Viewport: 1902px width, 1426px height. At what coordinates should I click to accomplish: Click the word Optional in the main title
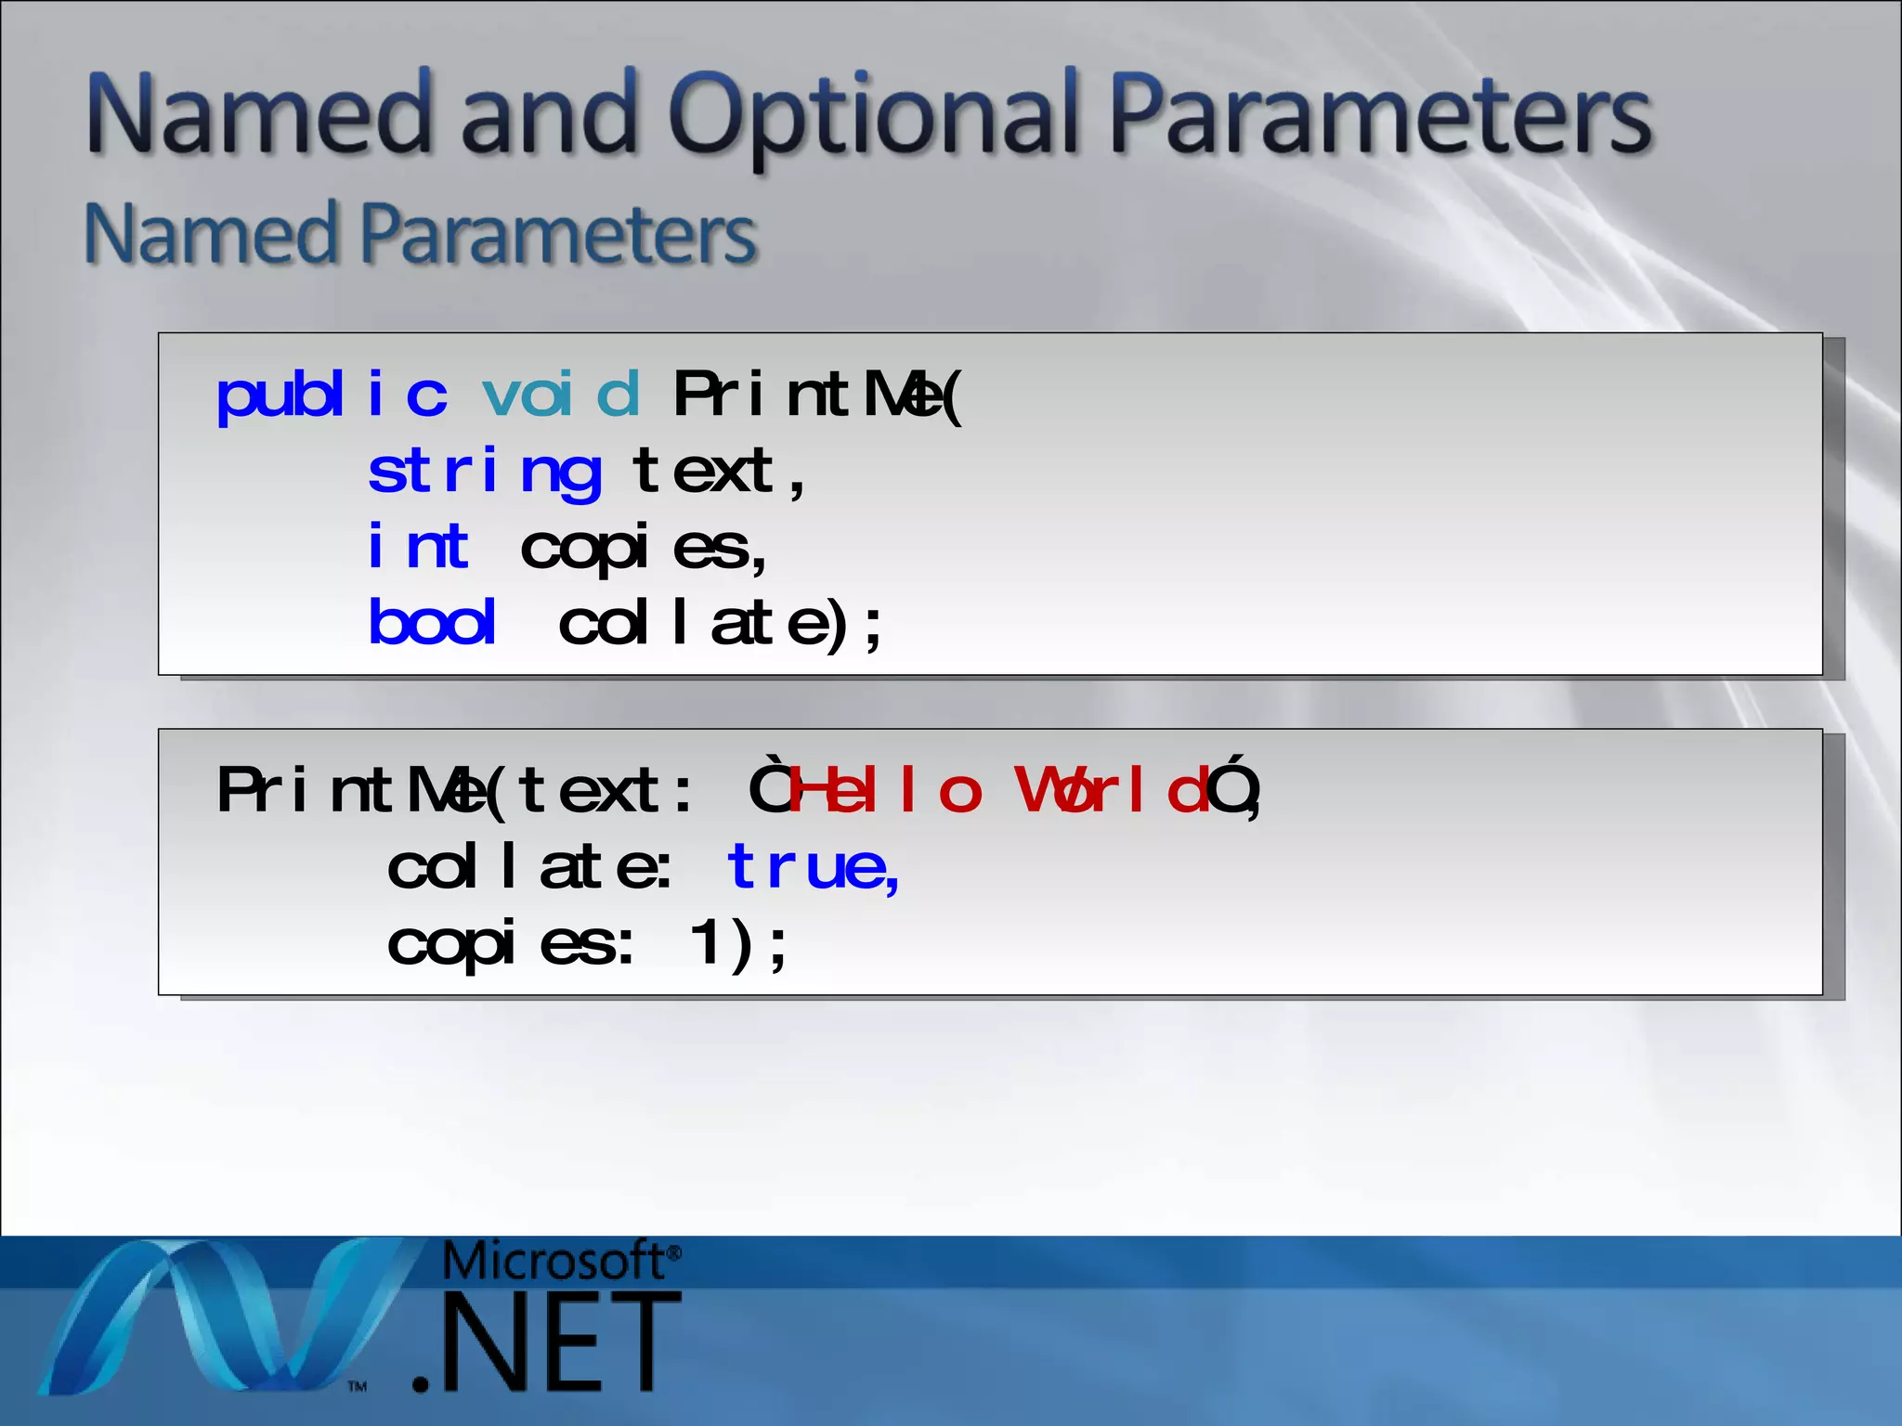(874, 116)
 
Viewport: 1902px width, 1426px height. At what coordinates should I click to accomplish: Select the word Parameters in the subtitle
(557, 234)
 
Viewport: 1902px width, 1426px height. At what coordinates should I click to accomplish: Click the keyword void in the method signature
(561, 395)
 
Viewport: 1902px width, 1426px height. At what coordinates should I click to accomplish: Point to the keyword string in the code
(484, 472)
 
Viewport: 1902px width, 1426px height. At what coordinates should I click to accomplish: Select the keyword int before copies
(418, 547)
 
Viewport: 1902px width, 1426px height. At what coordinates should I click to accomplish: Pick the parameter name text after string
(703, 472)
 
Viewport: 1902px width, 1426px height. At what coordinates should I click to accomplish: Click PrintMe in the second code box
(353, 791)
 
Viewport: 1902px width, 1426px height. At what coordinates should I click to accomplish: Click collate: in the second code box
(529, 867)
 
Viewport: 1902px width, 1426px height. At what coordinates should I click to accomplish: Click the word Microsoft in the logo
(554, 1261)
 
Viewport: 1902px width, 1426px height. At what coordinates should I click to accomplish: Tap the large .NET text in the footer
(548, 1342)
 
